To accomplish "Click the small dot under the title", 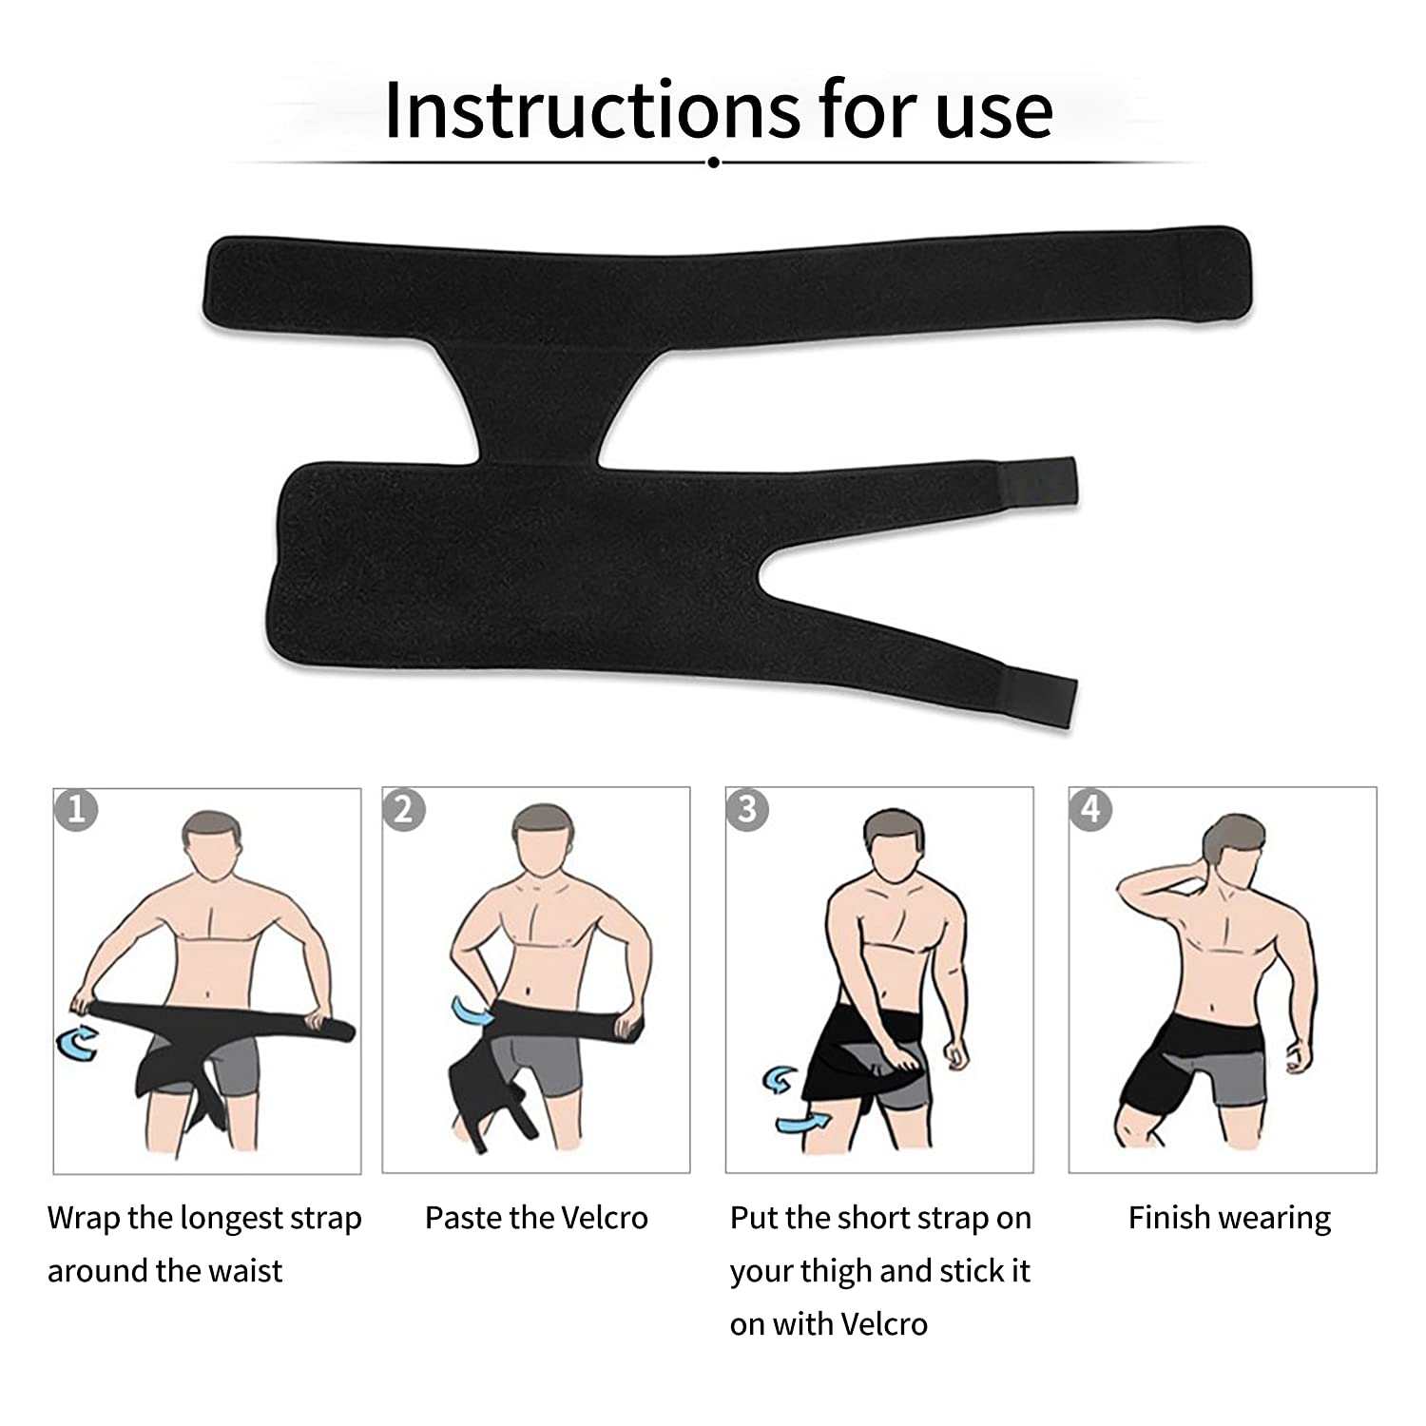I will point(713,163).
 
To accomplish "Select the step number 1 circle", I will point(76,809).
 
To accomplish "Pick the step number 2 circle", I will point(404,809).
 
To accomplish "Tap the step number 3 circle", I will point(747,809).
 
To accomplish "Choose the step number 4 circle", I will point(1090,809).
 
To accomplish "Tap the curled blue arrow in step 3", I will point(781,1080).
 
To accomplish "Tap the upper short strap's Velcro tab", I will point(1040,483).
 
